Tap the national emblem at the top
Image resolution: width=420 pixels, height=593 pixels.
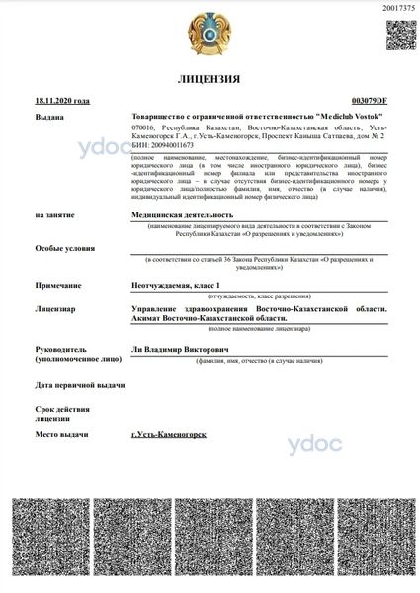[x=210, y=33]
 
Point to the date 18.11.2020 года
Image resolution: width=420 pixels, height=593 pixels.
[x=61, y=100]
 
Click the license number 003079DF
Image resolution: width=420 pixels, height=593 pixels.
[x=370, y=100]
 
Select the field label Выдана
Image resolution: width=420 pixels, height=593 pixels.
[x=49, y=117]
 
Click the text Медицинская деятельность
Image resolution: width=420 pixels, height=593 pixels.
[x=183, y=214]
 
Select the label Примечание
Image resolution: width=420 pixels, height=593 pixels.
[x=56, y=284]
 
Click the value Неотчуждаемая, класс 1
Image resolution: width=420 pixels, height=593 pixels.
[x=179, y=284]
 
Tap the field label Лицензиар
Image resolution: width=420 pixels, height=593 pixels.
[x=55, y=309]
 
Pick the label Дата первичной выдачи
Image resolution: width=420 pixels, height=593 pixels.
[x=80, y=385]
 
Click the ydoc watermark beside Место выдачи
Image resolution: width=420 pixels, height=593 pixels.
[x=315, y=444]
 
